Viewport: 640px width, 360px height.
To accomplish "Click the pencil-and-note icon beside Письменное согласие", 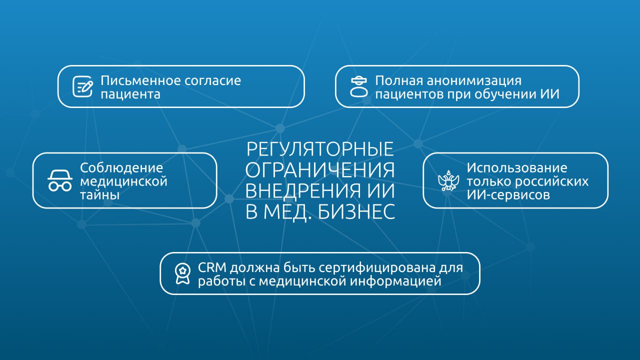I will click(83, 86).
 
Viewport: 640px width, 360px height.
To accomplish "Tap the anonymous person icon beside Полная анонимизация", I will click(358, 86).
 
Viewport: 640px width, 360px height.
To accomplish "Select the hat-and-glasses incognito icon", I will click(60, 180).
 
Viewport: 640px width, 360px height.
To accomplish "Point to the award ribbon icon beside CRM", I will click(182, 273).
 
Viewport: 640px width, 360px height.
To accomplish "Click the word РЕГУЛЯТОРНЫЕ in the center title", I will click(320, 149).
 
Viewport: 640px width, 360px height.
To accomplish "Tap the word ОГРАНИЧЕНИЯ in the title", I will click(320, 170).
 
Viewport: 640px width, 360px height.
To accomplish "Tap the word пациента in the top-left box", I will click(130, 93).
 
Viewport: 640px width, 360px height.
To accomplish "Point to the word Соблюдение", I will click(121, 167).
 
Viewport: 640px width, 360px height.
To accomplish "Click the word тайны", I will click(100, 194).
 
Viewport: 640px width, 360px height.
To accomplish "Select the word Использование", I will click(517, 167).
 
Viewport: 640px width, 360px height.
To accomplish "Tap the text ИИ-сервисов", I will click(508, 194).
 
